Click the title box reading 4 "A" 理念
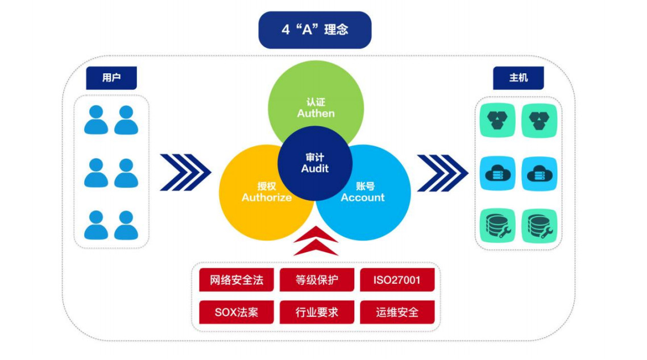coord(314,30)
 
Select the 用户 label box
coord(111,78)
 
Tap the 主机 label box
coord(518,78)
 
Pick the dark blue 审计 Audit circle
coord(315,163)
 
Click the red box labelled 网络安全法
coord(237,280)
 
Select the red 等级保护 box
coord(317,280)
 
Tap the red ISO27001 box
coord(397,280)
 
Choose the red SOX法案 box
coord(237,312)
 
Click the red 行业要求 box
coord(317,312)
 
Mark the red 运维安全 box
coord(397,312)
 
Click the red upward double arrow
coord(316,241)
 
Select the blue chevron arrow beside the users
coord(185,172)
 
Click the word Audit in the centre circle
coord(315,169)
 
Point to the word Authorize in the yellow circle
coord(267,198)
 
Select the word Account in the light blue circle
coord(363,198)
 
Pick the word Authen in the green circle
coord(316,113)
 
